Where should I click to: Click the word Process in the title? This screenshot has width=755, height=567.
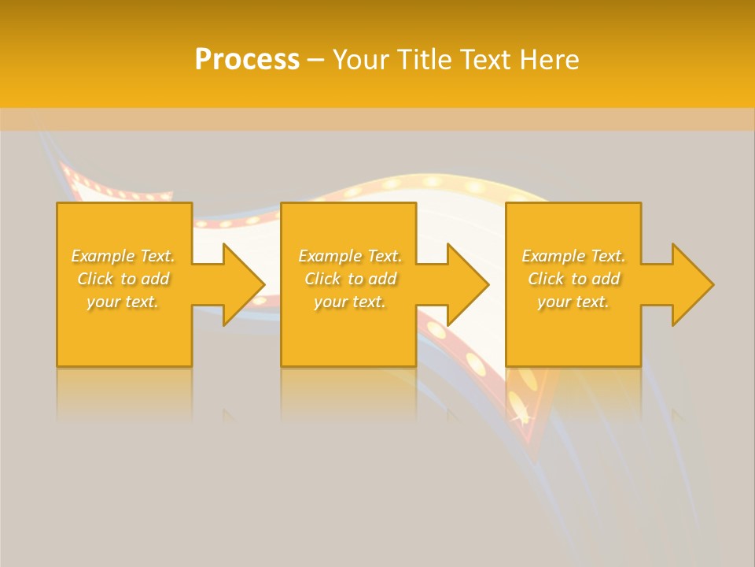point(247,60)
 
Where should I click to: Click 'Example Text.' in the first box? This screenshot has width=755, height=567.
point(123,256)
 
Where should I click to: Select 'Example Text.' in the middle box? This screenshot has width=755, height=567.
point(350,256)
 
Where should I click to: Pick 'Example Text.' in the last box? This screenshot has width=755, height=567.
point(573,256)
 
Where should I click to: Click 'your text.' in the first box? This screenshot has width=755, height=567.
point(123,302)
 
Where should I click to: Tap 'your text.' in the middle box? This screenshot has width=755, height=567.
point(350,302)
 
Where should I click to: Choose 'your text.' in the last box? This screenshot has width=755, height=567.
point(573,302)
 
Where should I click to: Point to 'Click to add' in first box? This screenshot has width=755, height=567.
point(123,279)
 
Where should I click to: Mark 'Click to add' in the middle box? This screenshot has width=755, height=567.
point(351,279)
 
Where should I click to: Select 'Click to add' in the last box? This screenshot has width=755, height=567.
point(574,279)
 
